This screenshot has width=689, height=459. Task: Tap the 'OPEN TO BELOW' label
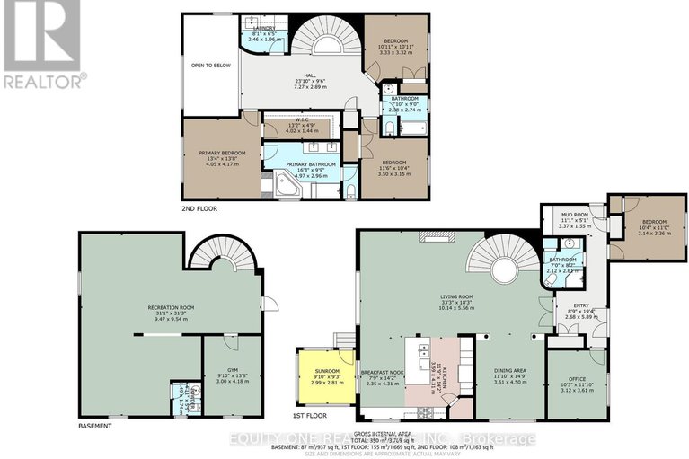pos(209,65)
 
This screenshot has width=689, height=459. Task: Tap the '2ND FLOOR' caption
pos(199,208)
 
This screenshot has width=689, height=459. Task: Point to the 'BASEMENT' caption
pos(94,425)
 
